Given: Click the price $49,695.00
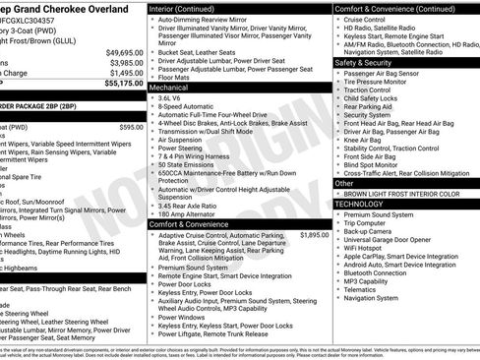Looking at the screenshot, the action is (124, 52).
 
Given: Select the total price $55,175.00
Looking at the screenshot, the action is (124, 84).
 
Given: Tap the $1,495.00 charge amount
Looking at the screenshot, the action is (126, 73).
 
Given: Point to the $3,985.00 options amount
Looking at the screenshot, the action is (126, 63).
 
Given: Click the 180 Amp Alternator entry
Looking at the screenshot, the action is (192, 213).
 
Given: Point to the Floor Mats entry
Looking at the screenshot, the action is (177, 77).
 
